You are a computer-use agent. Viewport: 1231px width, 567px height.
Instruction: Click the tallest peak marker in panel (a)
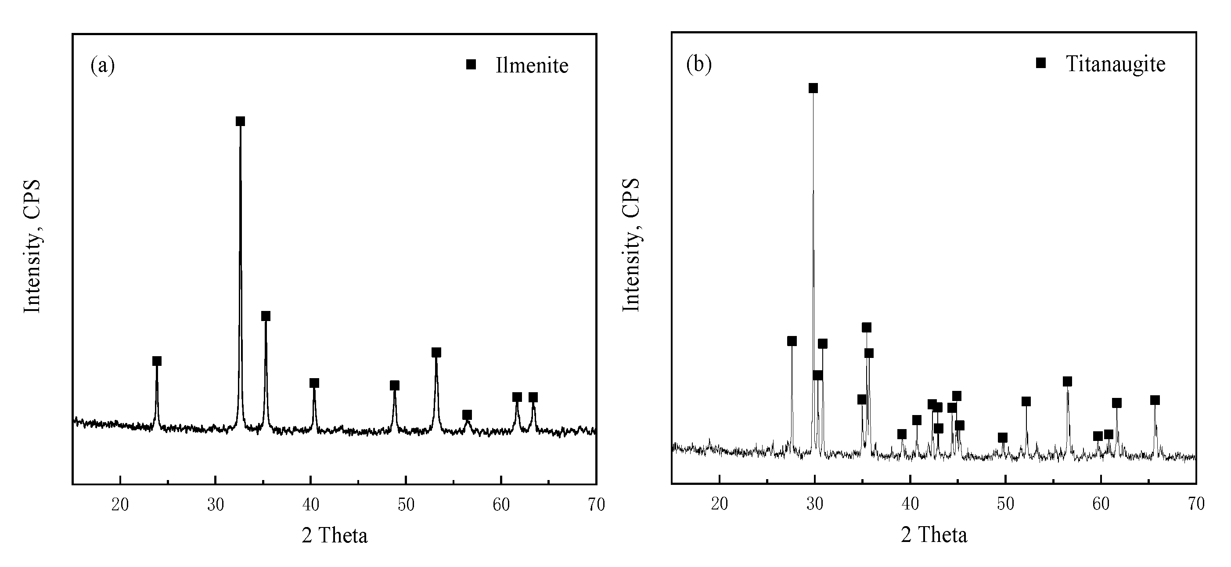[x=241, y=121]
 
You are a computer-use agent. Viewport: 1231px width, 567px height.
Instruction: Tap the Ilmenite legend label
[x=532, y=65]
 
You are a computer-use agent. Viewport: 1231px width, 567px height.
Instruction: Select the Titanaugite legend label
[x=1116, y=64]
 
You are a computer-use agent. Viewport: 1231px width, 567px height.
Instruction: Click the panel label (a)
[x=103, y=65]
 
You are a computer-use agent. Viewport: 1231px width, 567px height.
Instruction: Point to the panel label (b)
[x=698, y=64]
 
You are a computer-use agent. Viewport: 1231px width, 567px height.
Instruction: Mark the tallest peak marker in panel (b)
[x=813, y=88]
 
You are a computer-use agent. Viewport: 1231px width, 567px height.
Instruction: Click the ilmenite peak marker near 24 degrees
[x=157, y=361]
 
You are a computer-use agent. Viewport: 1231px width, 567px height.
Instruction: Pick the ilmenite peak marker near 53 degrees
[x=436, y=352]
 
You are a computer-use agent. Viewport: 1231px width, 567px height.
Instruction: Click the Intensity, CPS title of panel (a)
[x=32, y=246]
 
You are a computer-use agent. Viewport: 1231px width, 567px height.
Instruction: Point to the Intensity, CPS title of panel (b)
[x=631, y=245]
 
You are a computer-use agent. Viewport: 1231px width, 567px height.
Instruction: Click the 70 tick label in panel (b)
[x=1195, y=504]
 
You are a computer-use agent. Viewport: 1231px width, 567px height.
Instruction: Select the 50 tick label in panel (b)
[x=1005, y=504]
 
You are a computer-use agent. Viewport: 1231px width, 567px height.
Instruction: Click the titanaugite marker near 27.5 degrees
[x=792, y=341]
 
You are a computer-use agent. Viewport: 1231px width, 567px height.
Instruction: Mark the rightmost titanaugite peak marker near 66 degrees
[x=1155, y=400]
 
